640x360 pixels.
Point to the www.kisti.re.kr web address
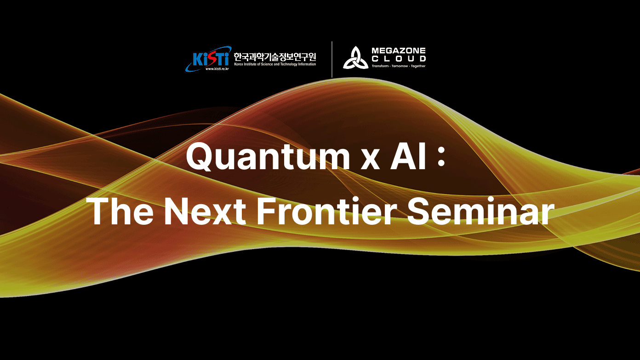pyautogui.click(x=217, y=69)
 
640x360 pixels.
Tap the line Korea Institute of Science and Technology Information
pyautogui.click(x=275, y=64)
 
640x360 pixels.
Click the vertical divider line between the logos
pyautogui.click(x=332, y=59)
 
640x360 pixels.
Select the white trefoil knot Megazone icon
pyautogui.click(x=355, y=58)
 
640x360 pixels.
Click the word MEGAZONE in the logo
pyautogui.click(x=399, y=50)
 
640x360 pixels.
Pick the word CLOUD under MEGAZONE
pyautogui.click(x=399, y=58)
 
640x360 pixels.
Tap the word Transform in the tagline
pyautogui.click(x=380, y=66)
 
